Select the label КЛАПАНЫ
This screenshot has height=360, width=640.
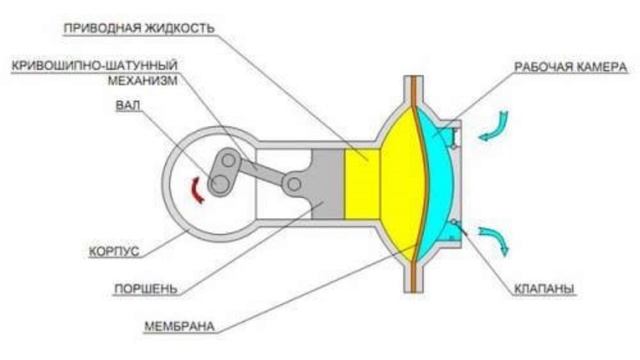point(543,290)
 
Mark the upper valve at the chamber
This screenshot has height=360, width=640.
point(456,141)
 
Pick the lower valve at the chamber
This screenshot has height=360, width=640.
point(456,222)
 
